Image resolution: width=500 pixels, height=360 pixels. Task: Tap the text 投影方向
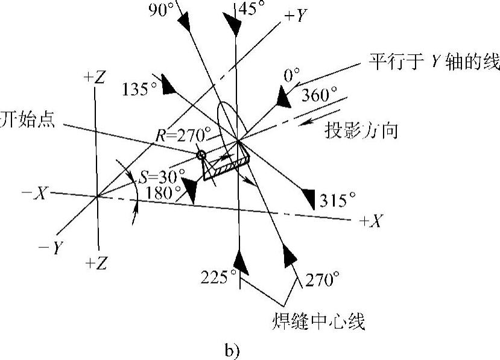(361, 131)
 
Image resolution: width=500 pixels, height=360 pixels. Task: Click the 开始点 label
(27, 121)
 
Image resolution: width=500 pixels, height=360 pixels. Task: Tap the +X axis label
(371, 221)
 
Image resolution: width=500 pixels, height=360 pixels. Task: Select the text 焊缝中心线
(318, 322)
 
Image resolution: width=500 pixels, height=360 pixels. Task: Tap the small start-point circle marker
(203, 156)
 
